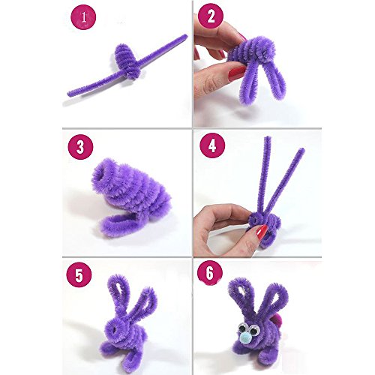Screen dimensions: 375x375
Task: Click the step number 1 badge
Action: click(83, 17)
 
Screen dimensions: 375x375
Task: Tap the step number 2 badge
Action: click(210, 17)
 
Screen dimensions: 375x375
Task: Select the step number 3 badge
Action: click(80, 147)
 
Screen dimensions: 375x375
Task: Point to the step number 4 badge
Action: click(212, 145)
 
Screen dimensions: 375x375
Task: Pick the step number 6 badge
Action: click(210, 273)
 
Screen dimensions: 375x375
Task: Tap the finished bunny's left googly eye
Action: click(241, 328)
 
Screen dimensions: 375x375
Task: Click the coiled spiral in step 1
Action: click(127, 61)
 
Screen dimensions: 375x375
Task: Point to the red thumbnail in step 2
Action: click(236, 73)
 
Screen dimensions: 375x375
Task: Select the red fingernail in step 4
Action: click(262, 232)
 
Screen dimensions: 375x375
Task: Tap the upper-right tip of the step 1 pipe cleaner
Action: click(186, 36)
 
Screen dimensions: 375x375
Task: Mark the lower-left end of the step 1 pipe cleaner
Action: click(69, 94)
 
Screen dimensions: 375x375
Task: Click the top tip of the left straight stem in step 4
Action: click(267, 137)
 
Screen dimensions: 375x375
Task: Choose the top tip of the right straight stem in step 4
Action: click(301, 150)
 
